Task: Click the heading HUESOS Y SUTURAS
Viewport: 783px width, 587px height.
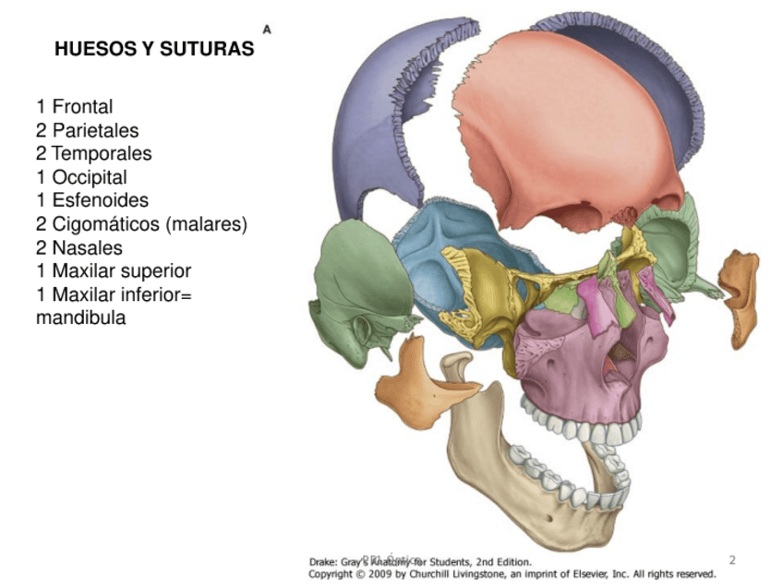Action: tap(154, 49)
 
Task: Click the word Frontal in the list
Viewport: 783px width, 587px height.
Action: tap(82, 106)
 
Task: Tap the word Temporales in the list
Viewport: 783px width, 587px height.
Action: tap(102, 153)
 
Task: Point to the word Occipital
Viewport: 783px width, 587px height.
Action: tap(90, 177)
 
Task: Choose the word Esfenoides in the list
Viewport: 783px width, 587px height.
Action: tap(100, 200)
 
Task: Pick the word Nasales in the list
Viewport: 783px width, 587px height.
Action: tap(87, 248)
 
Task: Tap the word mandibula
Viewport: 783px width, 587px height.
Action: tap(81, 318)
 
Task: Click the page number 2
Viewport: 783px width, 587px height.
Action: tap(732, 559)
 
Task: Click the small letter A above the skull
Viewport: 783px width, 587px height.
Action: tap(267, 30)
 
